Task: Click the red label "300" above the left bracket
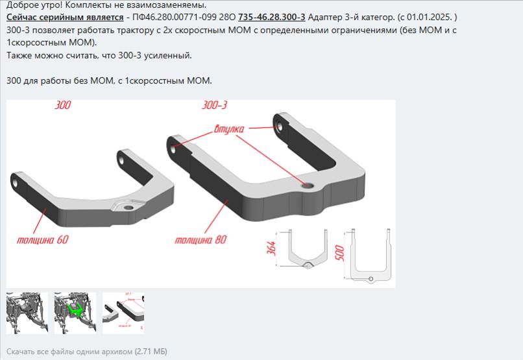(x=63, y=105)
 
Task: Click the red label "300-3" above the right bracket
(x=215, y=105)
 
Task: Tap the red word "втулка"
(x=229, y=128)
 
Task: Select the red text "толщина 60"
(x=43, y=239)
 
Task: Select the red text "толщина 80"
(x=201, y=239)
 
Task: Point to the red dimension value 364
(x=271, y=248)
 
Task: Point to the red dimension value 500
(x=339, y=253)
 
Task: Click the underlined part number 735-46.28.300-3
(x=271, y=17)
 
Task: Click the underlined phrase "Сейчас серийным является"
(x=65, y=17)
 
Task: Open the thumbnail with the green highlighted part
(x=75, y=313)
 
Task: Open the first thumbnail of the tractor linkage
(x=27, y=313)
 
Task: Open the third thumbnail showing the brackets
(x=123, y=313)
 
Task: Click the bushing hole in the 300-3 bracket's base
(x=306, y=186)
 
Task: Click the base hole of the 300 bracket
(x=128, y=208)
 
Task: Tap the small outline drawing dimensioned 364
(x=307, y=249)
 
